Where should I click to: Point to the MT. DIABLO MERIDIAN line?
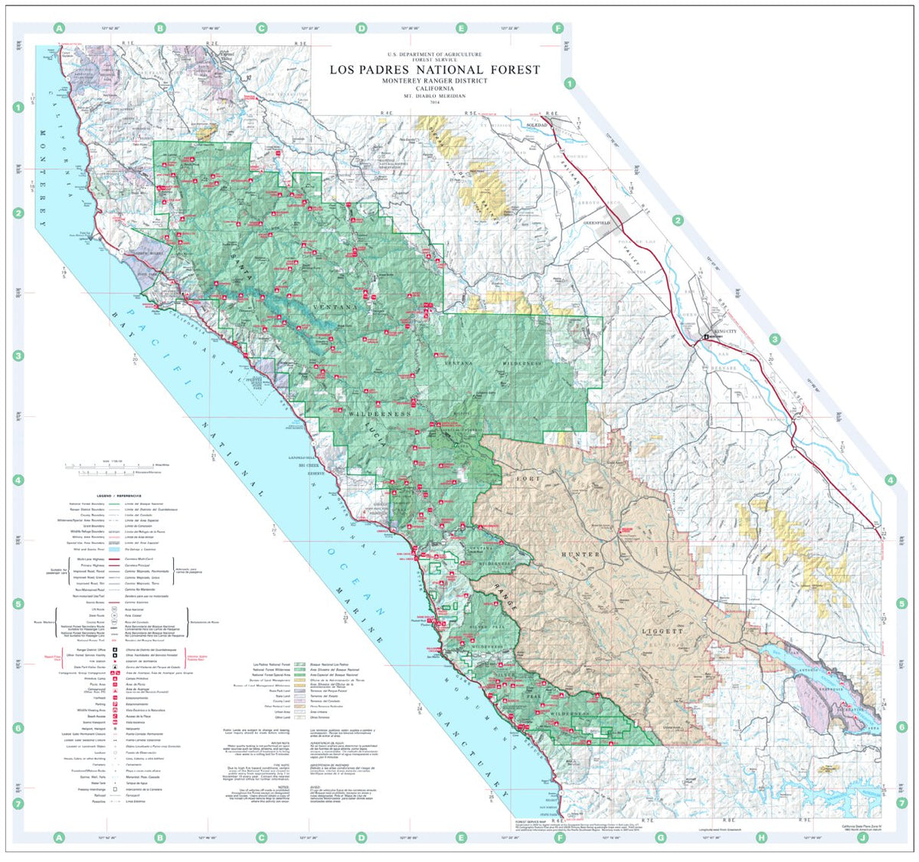pyautogui.click(x=435, y=96)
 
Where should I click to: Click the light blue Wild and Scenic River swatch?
pyautogui.click(x=113, y=550)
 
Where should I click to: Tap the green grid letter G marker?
pyautogui.click(x=660, y=837)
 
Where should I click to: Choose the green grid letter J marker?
pyautogui.click(x=862, y=837)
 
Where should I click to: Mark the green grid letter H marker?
pyautogui.click(x=761, y=837)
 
